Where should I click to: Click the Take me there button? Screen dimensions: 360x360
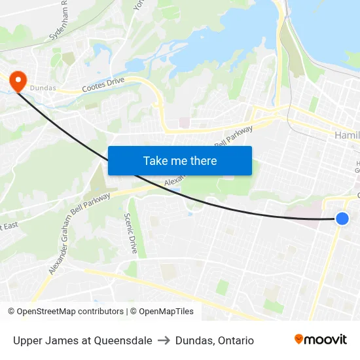(180, 160)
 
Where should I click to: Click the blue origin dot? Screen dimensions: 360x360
(342, 219)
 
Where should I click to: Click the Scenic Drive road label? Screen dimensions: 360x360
(131, 233)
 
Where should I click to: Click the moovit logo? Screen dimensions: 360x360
(321, 339)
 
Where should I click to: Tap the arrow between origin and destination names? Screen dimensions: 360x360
(164, 340)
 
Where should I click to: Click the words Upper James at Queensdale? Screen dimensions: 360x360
(82, 340)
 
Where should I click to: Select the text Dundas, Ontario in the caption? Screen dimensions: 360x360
(214, 340)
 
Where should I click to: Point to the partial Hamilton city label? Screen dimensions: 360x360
(347, 135)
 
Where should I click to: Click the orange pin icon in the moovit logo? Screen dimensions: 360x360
(299, 339)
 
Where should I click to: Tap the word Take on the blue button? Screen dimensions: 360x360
(155, 160)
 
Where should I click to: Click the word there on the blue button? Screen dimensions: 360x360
(202, 160)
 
